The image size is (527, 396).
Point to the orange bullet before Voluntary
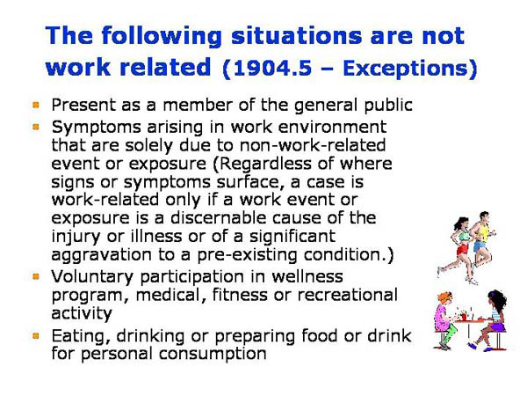pos(37,276)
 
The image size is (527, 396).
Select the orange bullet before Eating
pos(37,335)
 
